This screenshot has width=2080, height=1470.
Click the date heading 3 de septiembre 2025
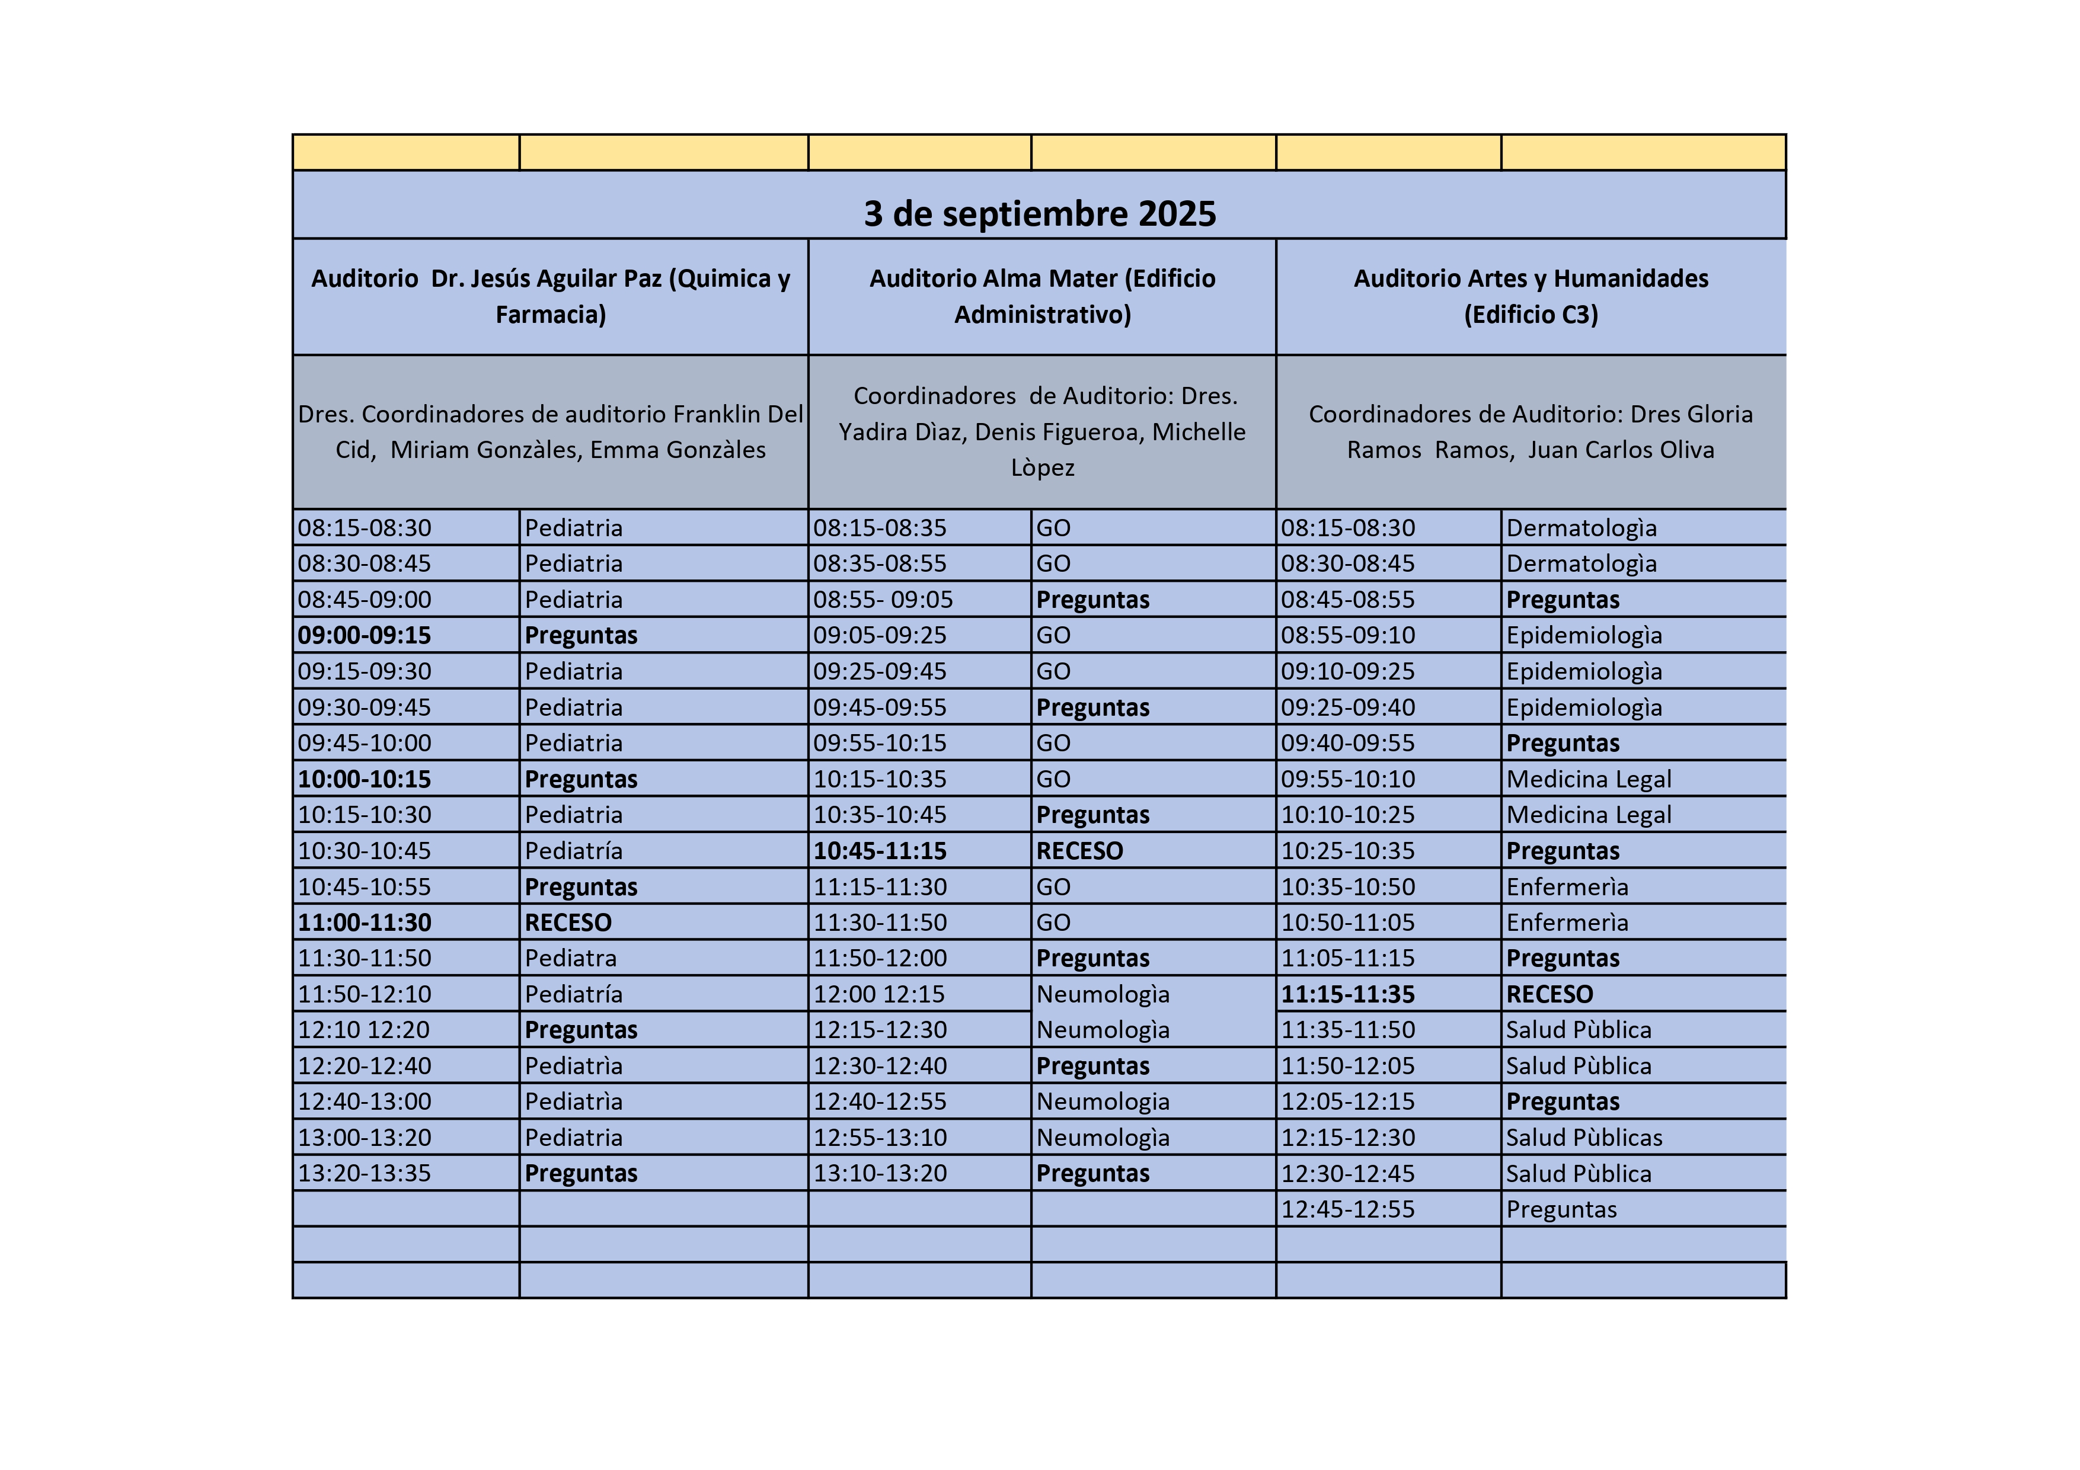click(1039, 214)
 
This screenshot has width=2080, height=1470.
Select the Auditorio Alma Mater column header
click(1042, 296)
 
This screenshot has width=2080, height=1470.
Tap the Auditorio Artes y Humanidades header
click(1530, 296)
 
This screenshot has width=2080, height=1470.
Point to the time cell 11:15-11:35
click(1347, 994)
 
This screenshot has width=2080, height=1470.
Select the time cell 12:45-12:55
click(1347, 1209)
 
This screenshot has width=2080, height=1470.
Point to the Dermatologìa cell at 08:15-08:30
click(1581, 528)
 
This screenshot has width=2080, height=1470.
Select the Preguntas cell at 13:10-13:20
click(1092, 1173)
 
